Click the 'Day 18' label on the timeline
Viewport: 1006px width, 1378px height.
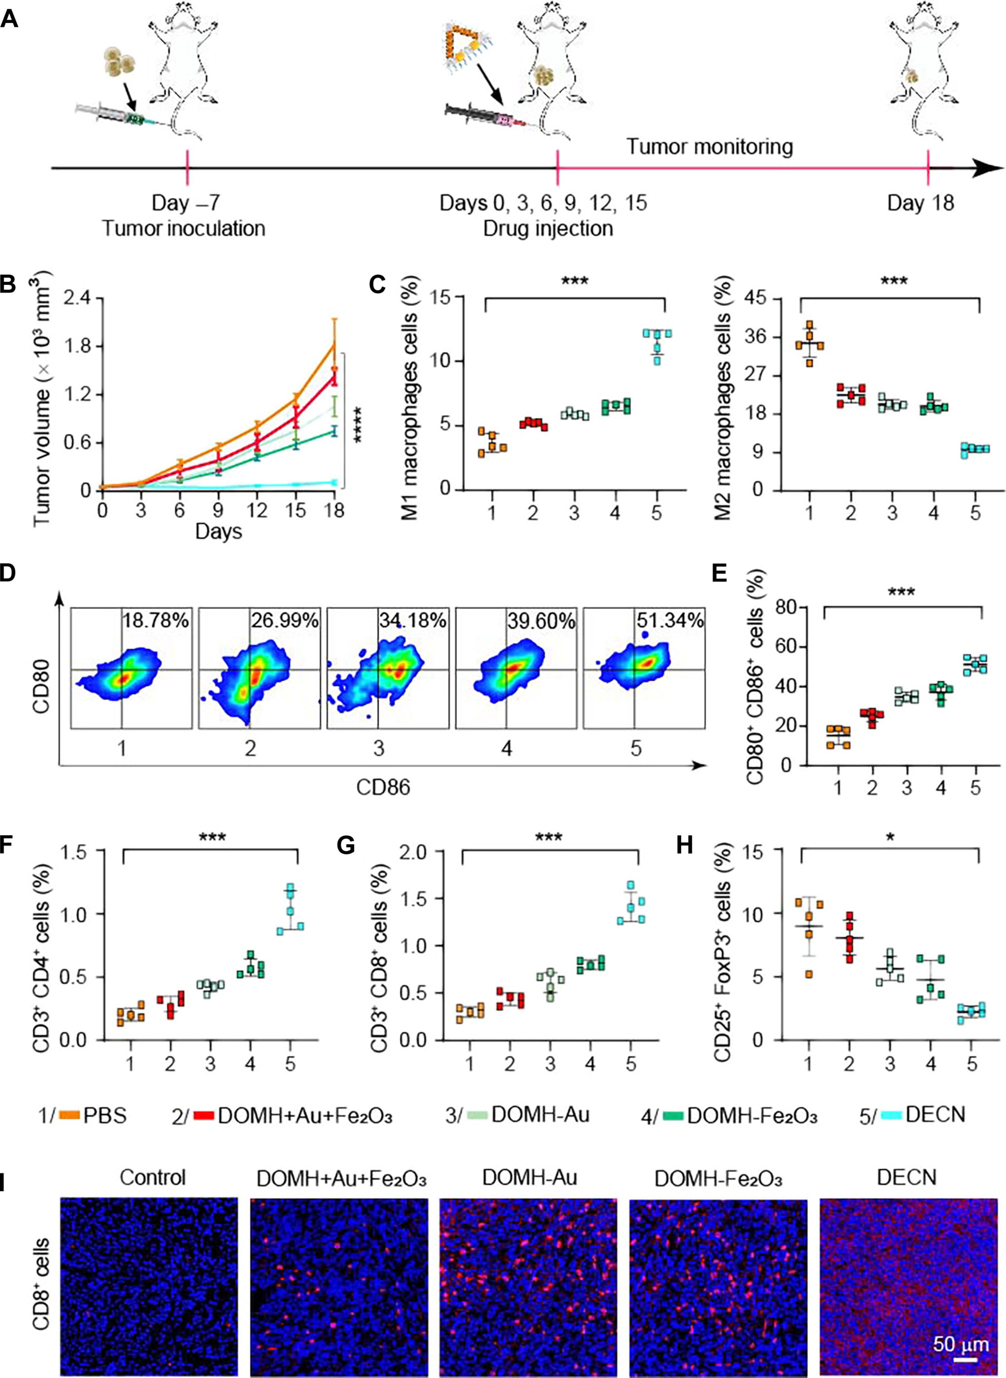tap(920, 203)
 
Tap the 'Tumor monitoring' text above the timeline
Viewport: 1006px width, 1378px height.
tap(710, 147)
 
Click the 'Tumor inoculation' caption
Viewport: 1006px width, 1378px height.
tap(183, 229)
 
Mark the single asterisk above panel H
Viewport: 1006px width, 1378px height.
tap(890, 838)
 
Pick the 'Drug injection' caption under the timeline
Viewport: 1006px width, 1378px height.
tap(548, 229)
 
